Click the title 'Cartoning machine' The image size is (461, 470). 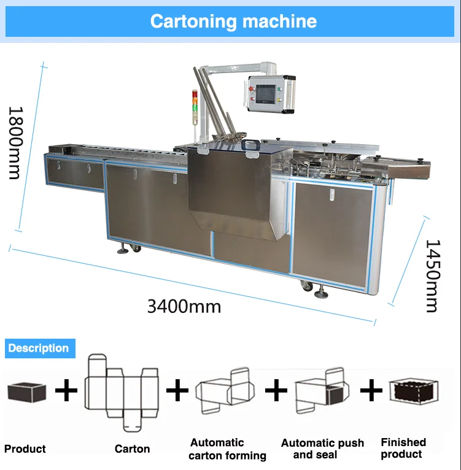pos(233,21)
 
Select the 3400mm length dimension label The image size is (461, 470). pos(184,306)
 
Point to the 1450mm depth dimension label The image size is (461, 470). pos(433,275)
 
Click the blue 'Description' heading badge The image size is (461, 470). pos(39,349)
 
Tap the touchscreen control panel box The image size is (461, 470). pos(271,94)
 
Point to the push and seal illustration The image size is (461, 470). pos(319,391)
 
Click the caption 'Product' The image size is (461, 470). pos(25,449)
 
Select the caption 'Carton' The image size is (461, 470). pos(132,449)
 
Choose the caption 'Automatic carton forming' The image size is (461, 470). pos(227,449)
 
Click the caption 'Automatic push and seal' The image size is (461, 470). pos(322,449)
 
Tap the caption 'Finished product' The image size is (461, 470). pos(403,448)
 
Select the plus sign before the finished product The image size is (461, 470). pos(371,390)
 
